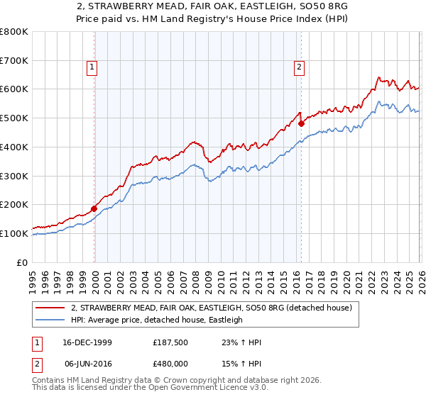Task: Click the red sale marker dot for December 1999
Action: [x=94, y=208]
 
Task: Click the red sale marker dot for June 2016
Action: [x=301, y=123]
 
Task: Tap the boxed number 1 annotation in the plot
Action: [x=92, y=68]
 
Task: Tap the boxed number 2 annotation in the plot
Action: [x=299, y=68]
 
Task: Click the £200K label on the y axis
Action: [x=15, y=205]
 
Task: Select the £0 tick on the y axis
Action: [x=23, y=262]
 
